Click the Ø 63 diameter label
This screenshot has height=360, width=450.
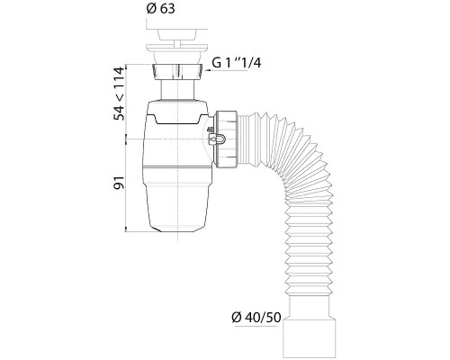[x=160, y=8]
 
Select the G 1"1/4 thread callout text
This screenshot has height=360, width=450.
[x=237, y=63]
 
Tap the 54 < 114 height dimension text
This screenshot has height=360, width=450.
[x=119, y=94]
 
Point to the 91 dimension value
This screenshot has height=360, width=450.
[x=119, y=183]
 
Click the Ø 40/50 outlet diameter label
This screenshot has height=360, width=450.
[x=256, y=317]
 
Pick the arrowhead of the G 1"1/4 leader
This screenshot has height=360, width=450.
[x=208, y=71]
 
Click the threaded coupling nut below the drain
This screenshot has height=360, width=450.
[x=178, y=72]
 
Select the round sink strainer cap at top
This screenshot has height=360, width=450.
[x=177, y=34]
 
